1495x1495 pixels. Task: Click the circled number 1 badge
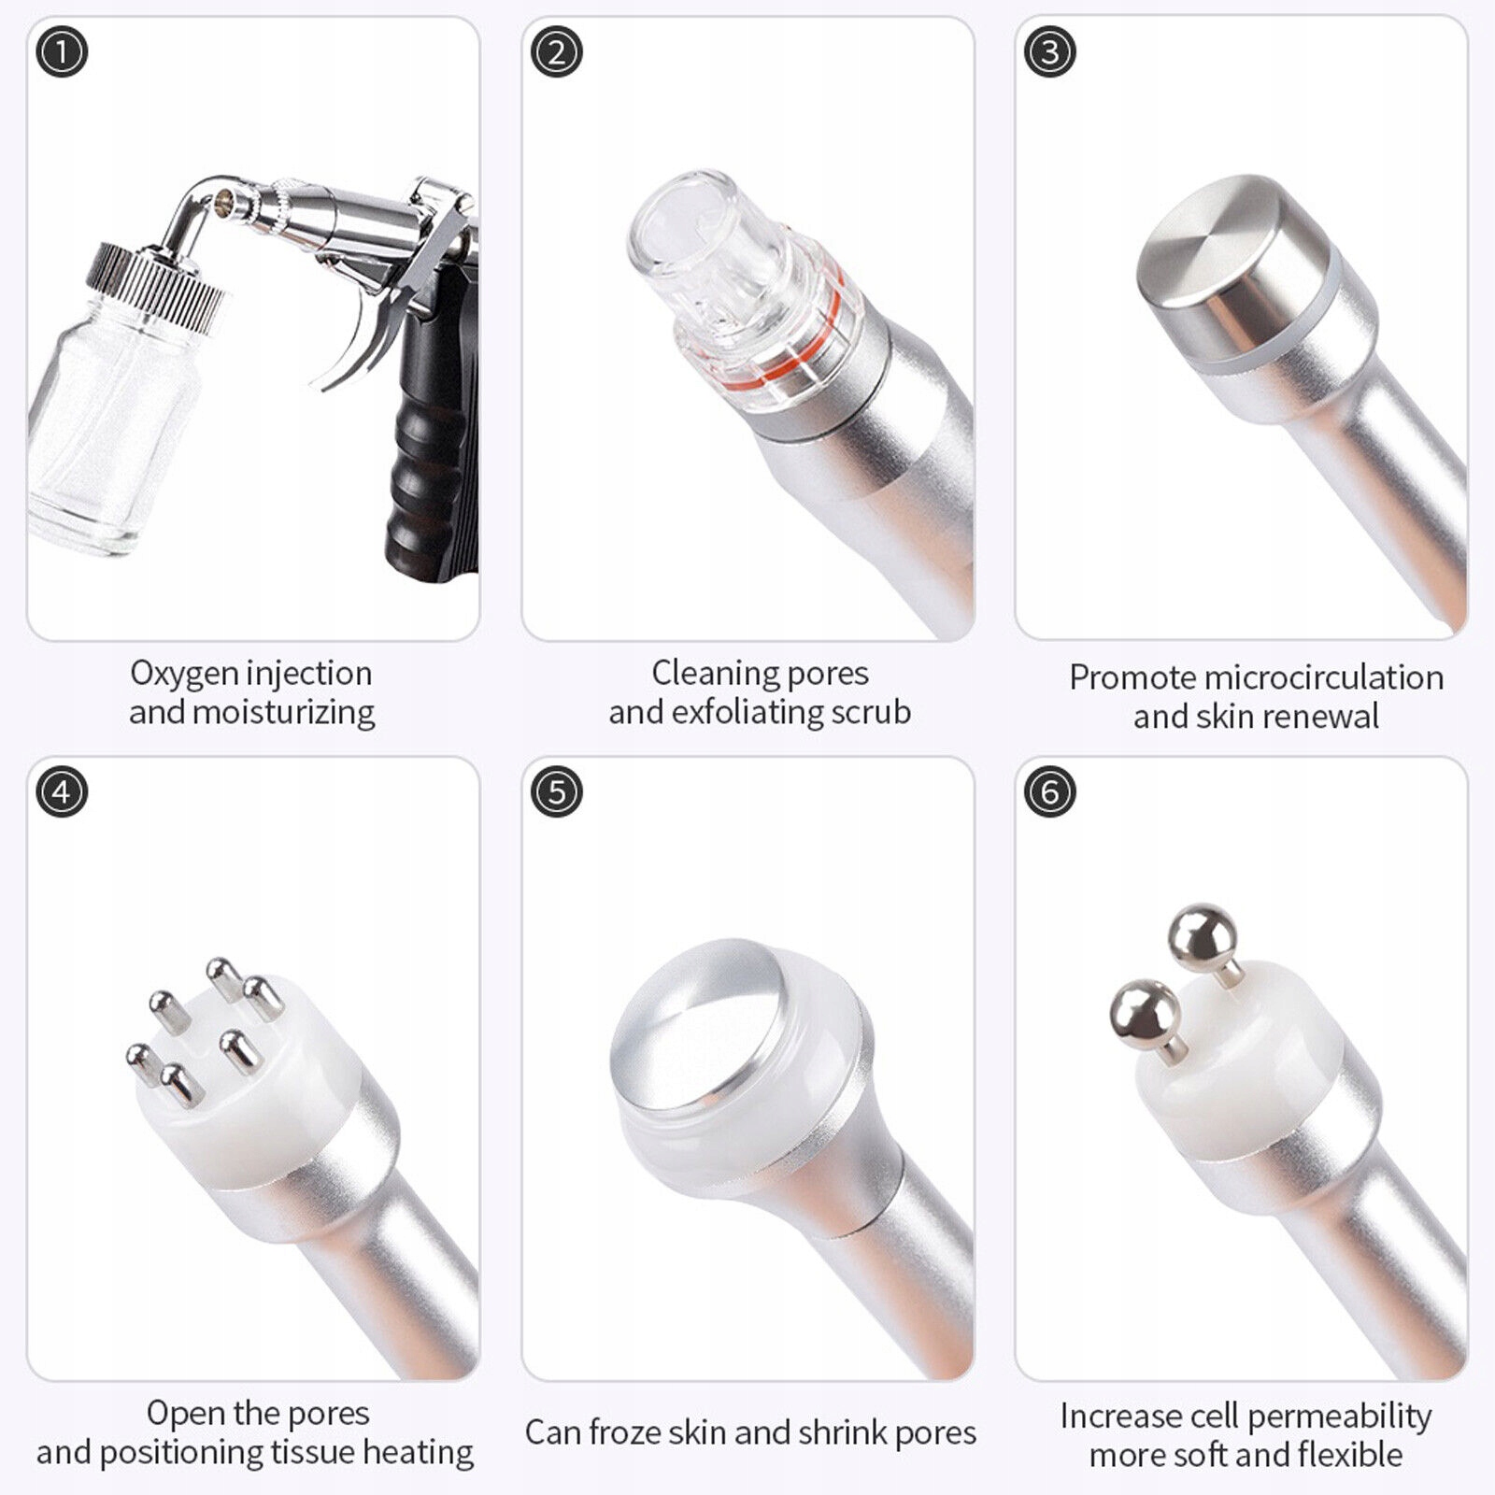pyautogui.click(x=62, y=52)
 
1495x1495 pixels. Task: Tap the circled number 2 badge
pyautogui.click(x=556, y=52)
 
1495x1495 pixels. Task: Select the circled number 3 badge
pyautogui.click(x=1049, y=52)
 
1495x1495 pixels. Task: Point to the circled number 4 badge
pyautogui.click(x=62, y=792)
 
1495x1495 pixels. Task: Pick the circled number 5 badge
pyautogui.click(x=556, y=792)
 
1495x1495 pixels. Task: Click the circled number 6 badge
pyautogui.click(x=1049, y=792)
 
